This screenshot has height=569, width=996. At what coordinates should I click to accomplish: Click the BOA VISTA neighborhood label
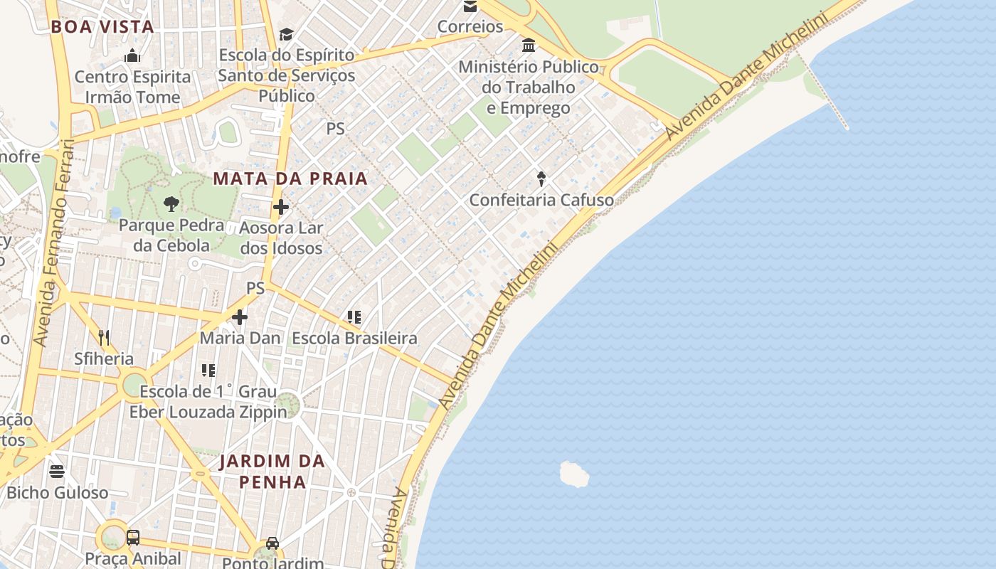pyautogui.click(x=102, y=27)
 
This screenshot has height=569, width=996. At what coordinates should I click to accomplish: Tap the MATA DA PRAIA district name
pyautogui.click(x=290, y=179)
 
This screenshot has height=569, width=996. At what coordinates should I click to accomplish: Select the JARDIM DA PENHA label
pyautogui.click(x=272, y=471)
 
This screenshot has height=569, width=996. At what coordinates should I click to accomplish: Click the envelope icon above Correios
pyautogui.click(x=470, y=6)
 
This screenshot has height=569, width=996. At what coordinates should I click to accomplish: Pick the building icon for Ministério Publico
pyautogui.click(x=529, y=46)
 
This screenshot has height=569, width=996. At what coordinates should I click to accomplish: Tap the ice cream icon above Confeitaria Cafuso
pyautogui.click(x=541, y=179)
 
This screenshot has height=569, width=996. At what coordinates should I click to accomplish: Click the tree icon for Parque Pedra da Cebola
pyautogui.click(x=171, y=204)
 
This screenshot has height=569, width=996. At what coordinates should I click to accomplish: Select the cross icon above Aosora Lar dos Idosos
pyautogui.click(x=281, y=207)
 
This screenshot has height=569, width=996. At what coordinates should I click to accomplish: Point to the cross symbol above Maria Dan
pyautogui.click(x=240, y=317)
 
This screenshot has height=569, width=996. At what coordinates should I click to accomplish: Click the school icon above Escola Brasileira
pyautogui.click(x=354, y=317)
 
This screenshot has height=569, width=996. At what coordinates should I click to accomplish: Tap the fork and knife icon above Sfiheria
pyautogui.click(x=104, y=337)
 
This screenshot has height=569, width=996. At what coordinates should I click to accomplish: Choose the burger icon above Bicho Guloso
pyautogui.click(x=57, y=471)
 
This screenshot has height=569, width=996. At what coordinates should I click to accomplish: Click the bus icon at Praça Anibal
pyautogui.click(x=133, y=537)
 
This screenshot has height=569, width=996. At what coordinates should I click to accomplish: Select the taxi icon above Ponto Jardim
pyautogui.click(x=272, y=543)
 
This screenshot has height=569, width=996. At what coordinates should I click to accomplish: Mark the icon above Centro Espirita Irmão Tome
pyautogui.click(x=132, y=55)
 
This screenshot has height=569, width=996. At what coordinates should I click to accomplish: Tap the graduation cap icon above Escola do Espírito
pyautogui.click(x=286, y=34)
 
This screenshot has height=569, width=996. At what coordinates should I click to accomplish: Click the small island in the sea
pyautogui.click(x=574, y=474)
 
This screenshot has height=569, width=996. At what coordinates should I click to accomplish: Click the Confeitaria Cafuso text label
pyautogui.click(x=541, y=200)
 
